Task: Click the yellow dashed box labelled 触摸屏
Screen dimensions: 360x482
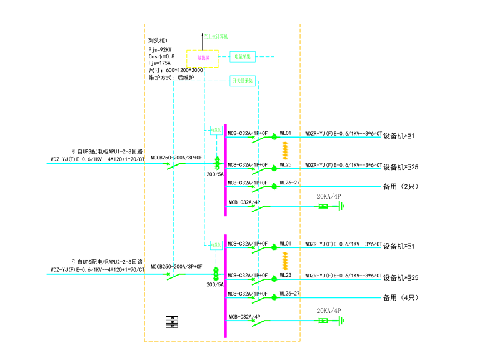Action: (202, 58)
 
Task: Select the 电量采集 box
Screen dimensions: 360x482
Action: (243, 57)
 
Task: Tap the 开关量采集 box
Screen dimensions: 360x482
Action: (243, 81)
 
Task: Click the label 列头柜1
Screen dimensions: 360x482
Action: (158, 41)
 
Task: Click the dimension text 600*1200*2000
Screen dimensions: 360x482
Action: (184, 71)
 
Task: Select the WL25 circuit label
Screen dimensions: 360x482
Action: (286, 165)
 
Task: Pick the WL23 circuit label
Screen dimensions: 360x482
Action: (286, 275)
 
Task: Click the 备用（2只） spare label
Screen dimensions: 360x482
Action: (400, 187)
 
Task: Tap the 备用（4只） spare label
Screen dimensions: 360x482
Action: (400, 297)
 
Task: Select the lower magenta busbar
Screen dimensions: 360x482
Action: (225, 284)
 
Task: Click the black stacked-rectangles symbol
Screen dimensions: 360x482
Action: (171, 322)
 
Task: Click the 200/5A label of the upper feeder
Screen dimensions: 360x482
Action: (215, 175)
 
